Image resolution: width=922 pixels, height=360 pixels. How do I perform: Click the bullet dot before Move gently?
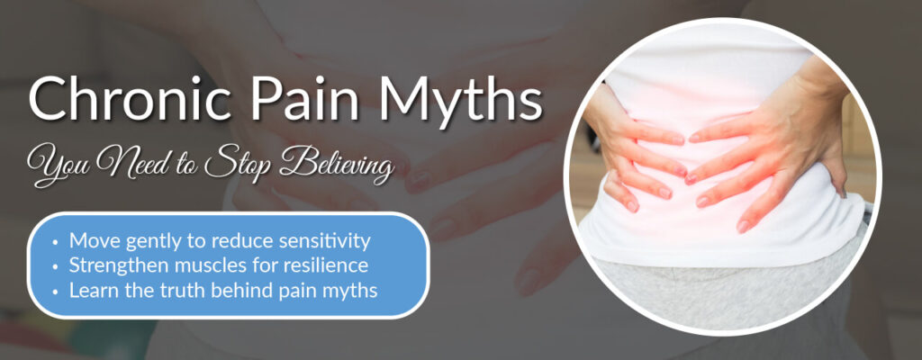tap(57, 242)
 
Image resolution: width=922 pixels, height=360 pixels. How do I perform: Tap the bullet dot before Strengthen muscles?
tap(57, 266)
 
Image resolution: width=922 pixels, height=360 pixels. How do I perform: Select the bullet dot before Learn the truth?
tap(57, 290)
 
